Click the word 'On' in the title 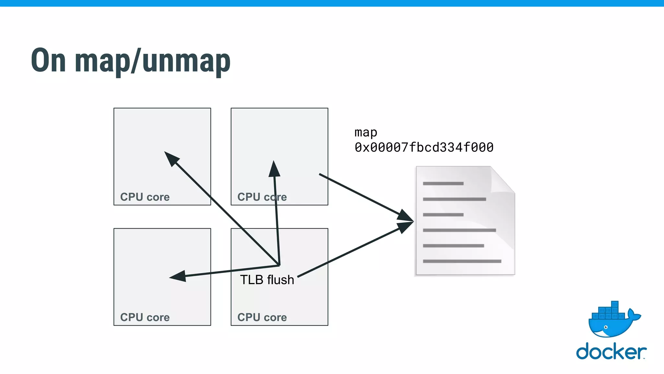coord(49,61)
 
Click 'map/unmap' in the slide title coord(152,62)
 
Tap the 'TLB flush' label coord(267,280)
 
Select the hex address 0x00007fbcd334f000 coord(424,148)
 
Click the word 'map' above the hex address coord(366,132)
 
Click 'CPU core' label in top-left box coord(145,197)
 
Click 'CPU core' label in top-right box coord(262,197)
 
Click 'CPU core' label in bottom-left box coord(145,318)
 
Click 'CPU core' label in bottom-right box coord(262,318)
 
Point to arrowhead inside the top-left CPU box coord(171,158)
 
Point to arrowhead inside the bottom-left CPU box coord(178,276)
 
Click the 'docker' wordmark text coord(611,352)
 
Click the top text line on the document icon coord(443,184)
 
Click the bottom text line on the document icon coord(462,261)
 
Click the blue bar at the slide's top coord(332,3)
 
